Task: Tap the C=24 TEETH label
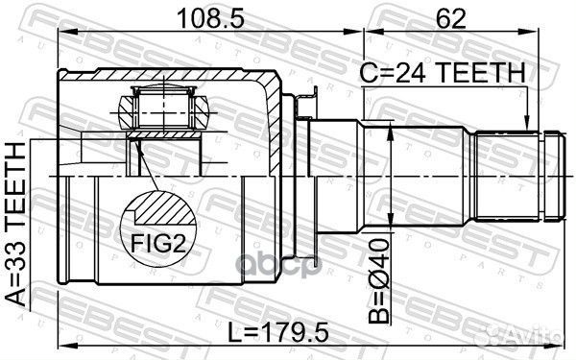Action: pyautogui.click(x=443, y=73)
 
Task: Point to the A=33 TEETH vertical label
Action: pyautogui.click(x=16, y=224)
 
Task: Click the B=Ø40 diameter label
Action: pyautogui.click(x=379, y=280)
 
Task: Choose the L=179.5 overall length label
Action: pyautogui.click(x=277, y=333)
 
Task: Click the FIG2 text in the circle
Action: pyautogui.click(x=158, y=244)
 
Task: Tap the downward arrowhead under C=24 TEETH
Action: pyautogui.click(x=527, y=123)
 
